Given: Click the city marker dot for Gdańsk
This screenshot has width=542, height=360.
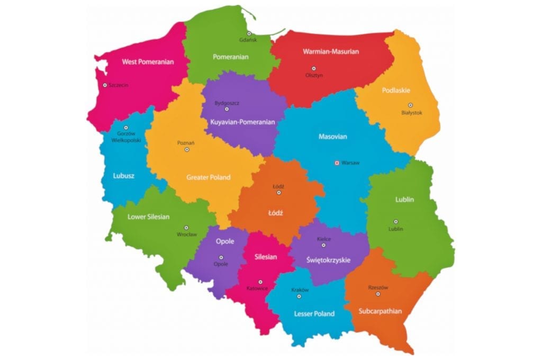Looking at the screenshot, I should [x=249, y=33].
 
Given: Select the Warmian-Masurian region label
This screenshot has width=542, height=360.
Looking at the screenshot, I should [x=331, y=52].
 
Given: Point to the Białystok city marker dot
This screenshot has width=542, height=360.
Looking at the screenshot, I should [x=410, y=105].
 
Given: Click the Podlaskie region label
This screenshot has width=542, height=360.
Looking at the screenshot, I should [x=396, y=91].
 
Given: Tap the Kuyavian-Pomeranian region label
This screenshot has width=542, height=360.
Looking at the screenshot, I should [x=243, y=122].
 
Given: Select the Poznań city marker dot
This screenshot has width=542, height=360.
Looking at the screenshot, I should [x=186, y=150].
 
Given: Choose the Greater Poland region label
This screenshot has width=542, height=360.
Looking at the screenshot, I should [x=208, y=177].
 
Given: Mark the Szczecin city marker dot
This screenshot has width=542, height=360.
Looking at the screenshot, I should [x=105, y=85].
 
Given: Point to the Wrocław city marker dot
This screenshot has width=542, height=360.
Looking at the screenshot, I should [x=186, y=227].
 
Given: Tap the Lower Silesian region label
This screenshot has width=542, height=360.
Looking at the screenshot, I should [x=148, y=217].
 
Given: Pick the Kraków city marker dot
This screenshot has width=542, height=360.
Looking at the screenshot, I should [x=299, y=296].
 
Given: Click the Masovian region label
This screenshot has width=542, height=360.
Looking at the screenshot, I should [x=333, y=137].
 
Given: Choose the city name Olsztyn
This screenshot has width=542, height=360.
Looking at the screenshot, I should [x=314, y=75].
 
